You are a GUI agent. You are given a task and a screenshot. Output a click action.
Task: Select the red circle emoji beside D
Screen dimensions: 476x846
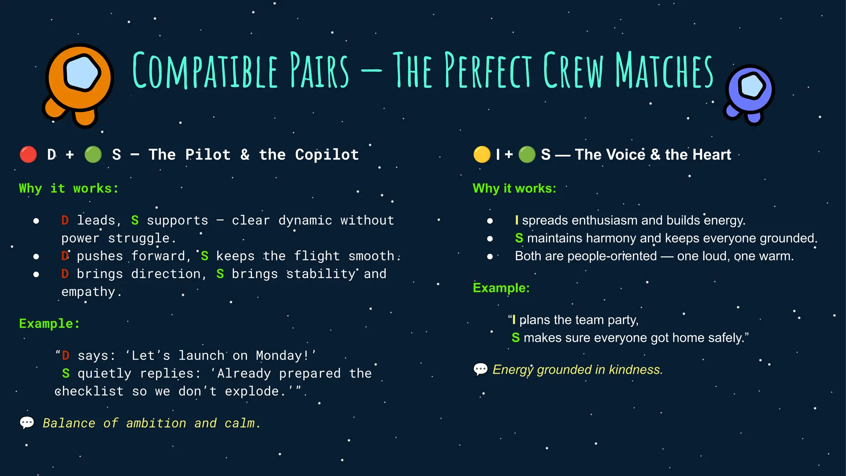(x=29, y=155)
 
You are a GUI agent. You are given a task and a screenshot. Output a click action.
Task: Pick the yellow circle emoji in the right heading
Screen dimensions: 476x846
(x=482, y=155)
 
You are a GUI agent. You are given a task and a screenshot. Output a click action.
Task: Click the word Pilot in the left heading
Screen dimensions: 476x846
(x=208, y=155)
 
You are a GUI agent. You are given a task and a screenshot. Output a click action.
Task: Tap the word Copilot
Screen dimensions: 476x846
(x=327, y=155)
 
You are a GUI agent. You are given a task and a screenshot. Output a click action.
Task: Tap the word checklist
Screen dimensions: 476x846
(x=89, y=391)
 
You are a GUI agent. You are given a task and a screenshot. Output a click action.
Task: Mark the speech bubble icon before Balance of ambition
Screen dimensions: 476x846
(x=27, y=423)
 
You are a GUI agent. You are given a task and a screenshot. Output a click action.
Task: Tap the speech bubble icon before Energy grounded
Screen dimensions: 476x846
(x=480, y=369)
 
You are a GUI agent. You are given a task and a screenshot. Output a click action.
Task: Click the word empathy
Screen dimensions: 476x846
(x=88, y=292)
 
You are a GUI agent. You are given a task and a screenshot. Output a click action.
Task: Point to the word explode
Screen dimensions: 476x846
(x=252, y=391)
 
